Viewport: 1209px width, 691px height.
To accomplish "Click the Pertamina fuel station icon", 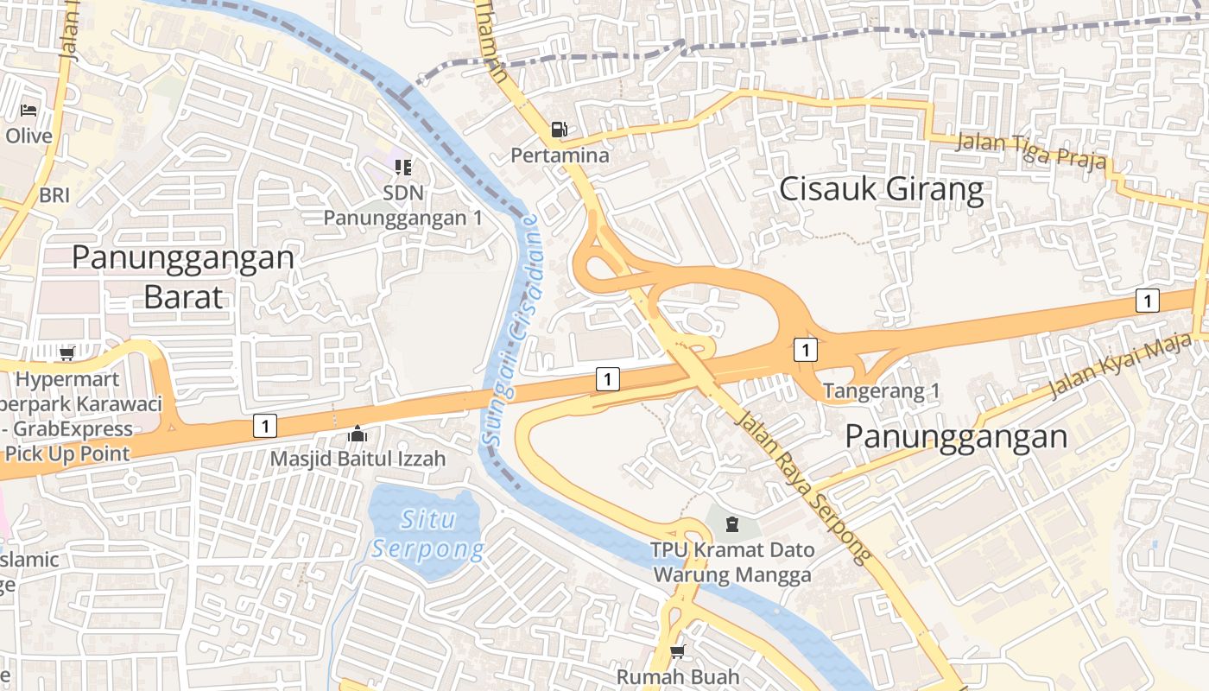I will point(560,130).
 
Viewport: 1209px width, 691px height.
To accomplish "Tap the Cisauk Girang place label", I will point(881,189).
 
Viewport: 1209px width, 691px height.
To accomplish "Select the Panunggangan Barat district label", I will point(182,276).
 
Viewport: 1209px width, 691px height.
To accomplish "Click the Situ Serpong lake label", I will point(428,535).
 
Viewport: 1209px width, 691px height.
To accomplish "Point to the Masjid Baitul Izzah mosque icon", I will point(357,434).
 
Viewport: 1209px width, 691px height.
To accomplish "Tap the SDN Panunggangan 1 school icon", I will point(402,167).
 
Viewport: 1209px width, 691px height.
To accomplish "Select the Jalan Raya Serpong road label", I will point(804,487).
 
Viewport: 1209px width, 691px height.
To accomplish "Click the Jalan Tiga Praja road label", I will point(1031,152).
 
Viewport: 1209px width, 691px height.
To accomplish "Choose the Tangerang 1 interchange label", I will point(881,391).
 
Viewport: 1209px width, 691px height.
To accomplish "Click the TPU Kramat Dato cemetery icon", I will point(732,524).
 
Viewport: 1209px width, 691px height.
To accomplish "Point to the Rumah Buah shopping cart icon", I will point(678,651).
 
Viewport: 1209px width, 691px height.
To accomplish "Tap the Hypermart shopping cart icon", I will point(66,353).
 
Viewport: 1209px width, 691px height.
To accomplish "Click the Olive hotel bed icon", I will point(28,111).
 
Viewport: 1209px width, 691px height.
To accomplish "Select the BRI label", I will point(54,196).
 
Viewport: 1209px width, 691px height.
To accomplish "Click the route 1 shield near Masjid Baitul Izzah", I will point(265,425).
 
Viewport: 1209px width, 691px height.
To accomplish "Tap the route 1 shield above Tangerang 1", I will point(805,350).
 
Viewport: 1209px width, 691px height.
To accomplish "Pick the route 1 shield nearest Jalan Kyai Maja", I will point(1147,301).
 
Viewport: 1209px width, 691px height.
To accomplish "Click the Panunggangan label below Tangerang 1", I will point(956,436).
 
